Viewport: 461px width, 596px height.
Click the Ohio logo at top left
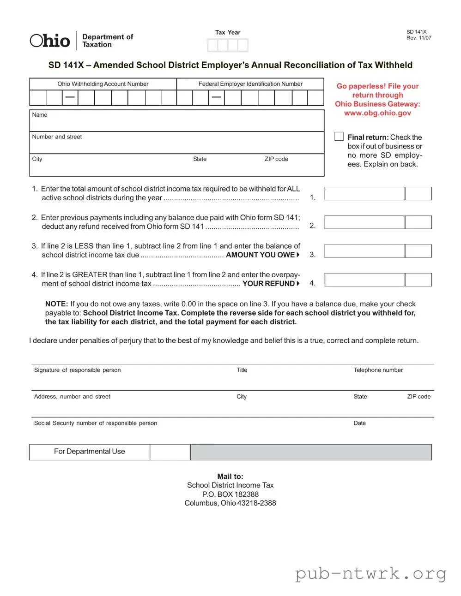(x=50, y=41)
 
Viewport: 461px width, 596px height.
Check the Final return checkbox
(x=339, y=137)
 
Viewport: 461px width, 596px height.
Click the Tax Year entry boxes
(x=228, y=45)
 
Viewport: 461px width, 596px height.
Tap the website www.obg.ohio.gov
(x=377, y=113)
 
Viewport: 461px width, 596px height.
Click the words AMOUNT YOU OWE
(x=260, y=255)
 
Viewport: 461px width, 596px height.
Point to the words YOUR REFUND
(x=268, y=284)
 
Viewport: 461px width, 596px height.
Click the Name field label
(x=40, y=115)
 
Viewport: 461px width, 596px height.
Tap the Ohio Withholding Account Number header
(x=103, y=84)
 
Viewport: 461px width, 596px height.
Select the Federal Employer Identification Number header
(x=250, y=84)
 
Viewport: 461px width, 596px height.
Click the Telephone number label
(x=378, y=370)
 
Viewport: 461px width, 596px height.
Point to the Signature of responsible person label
(x=77, y=370)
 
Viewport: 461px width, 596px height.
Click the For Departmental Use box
(x=89, y=452)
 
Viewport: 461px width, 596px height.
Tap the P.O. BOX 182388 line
(x=230, y=494)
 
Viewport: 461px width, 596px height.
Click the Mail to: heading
(x=230, y=477)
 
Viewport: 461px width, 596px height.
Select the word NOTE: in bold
(x=56, y=304)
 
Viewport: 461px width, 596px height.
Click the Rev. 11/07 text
(x=419, y=38)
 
